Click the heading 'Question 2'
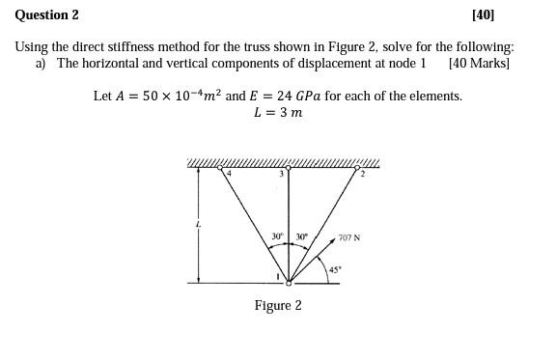pyautogui.click(x=46, y=14)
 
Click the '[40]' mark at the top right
pyautogui.click(x=483, y=14)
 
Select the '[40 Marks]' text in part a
pyautogui.click(x=479, y=63)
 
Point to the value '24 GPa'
pyautogui.click(x=302, y=97)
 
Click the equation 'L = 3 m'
pyautogui.click(x=278, y=113)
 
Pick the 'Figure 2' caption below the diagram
pyautogui.click(x=278, y=305)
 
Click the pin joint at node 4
pyautogui.click(x=220, y=168)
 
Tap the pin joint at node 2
pyautogui.click(x=356, y=168)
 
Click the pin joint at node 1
pyautogui.click(x=288, y=282)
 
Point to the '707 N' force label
pyautogui.click(x=349, y=237)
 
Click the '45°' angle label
pyautogui.click(x=335, y=269)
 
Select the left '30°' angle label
pyautogui.click(x=277, y=236)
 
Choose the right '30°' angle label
pyautogui.click(x=302, y=236)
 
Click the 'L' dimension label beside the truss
pyautogui.click(x=199, y=225)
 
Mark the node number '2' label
pyautogui.click(x=363, y=175)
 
